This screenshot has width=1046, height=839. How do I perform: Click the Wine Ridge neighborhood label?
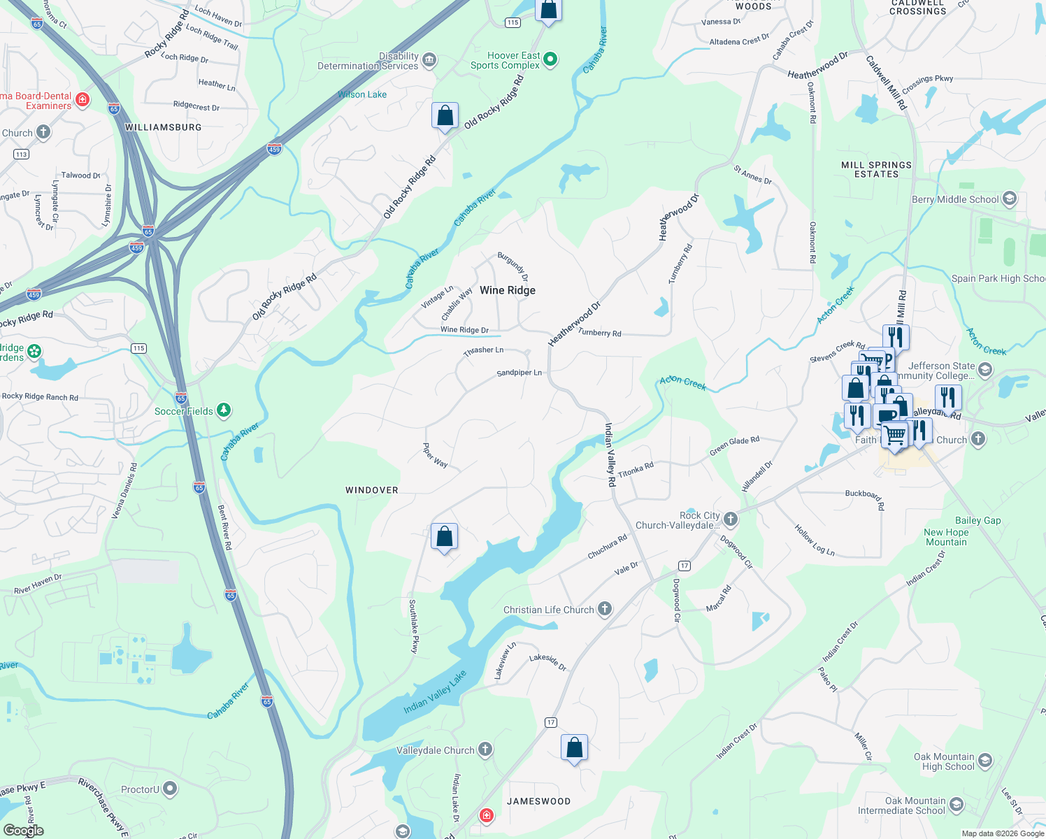pos(508,290)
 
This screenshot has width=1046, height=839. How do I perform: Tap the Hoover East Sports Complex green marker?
pos(550,60)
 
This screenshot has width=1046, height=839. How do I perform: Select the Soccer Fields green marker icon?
pos(224,410)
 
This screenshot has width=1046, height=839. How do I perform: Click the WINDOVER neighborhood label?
pos(372,490)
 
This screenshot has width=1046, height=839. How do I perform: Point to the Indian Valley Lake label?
pos(435,693)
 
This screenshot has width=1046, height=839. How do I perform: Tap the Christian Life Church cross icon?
pos(605,609)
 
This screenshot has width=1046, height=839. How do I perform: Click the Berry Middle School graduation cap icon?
pos(1009,199)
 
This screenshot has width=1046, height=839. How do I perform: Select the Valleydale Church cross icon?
pos(485,750)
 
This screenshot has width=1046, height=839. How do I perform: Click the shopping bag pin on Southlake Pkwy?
pos(445,537)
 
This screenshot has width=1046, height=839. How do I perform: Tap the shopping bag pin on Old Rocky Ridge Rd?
pos(445,116)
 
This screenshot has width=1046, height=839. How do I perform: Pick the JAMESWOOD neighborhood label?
pos(538,801)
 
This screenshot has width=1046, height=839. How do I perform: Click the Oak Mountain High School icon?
pos(984,761)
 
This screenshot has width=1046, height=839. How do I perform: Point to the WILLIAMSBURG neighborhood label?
pos(163,127)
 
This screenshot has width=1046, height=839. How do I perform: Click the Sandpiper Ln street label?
pos(519,373)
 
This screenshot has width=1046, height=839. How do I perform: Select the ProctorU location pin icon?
pos(170,789)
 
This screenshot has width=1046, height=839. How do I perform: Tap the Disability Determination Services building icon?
pos(429,60)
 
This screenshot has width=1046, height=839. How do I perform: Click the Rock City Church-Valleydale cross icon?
pos(731,519)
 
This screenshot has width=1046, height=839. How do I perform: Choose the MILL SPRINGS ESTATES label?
pos(876,169)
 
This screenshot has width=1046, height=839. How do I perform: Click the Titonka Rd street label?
pos(636,469)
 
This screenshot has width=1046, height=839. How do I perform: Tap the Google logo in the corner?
pos(24,831)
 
